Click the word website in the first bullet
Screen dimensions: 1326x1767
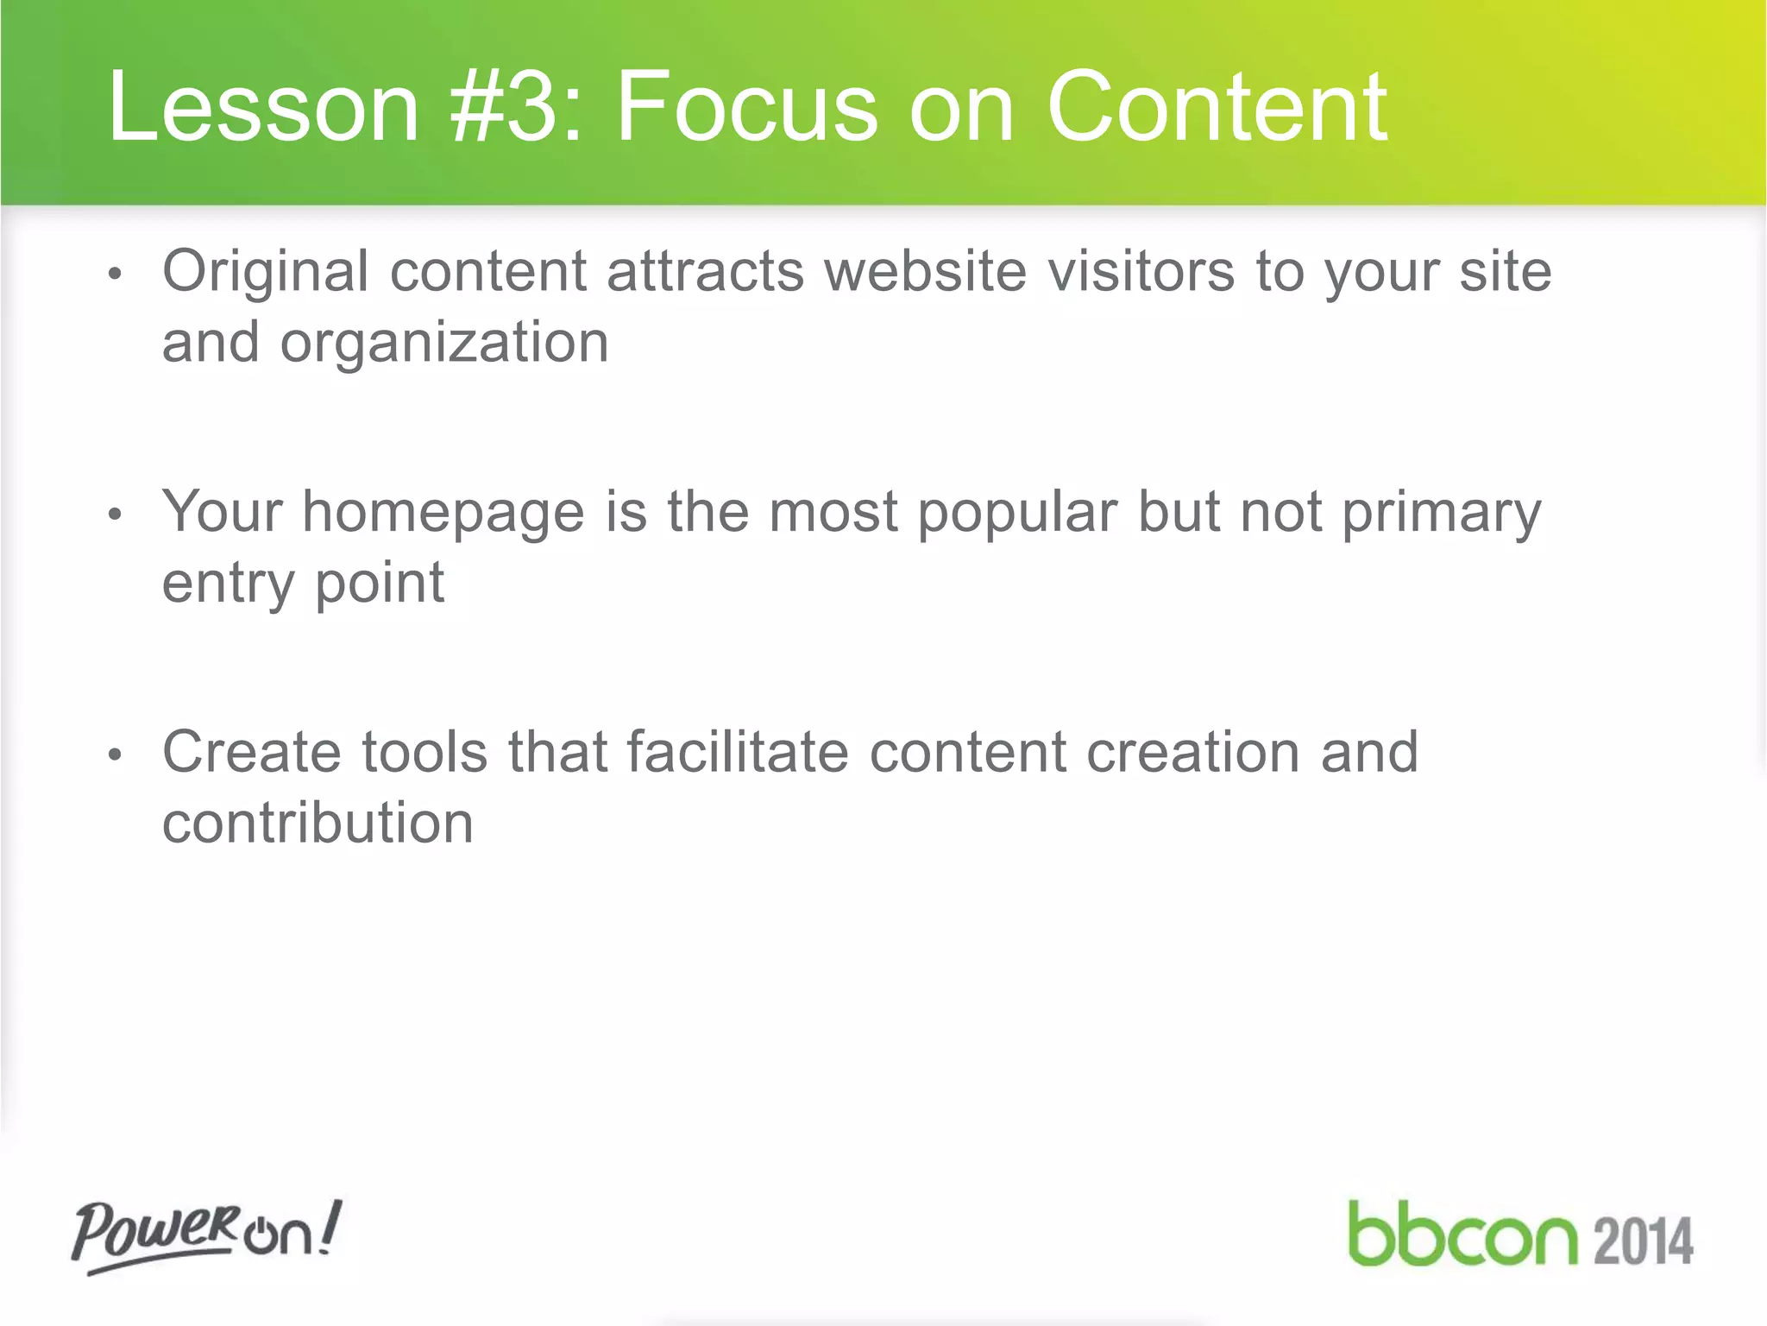(x=925, y=271)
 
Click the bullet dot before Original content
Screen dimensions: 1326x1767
(x=116, y=275)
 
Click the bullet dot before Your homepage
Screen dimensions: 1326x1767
(x=116, y=515)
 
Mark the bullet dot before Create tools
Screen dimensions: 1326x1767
(x=116, y=755)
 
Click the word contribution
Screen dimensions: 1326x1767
(x=318, y=822)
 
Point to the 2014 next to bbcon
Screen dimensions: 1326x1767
(x=1643, y=1241)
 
